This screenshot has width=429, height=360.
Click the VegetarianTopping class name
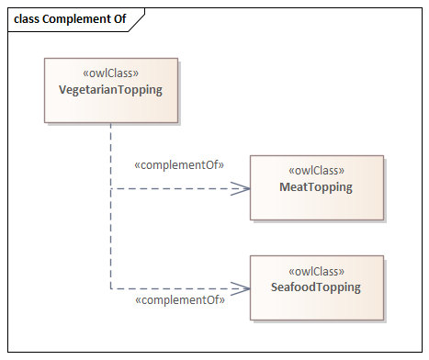tap(110, 90)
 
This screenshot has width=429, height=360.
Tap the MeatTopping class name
tap(316, 187)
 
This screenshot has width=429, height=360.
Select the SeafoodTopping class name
tap(316, 287)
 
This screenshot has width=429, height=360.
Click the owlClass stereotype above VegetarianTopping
tap(111, 73)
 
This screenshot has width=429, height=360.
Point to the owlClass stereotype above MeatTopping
tap(317, 170)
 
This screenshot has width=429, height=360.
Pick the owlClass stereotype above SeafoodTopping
tap(317, 271)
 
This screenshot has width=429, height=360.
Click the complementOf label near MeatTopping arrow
tap(179, 165)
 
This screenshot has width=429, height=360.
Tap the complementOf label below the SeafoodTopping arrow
tap(180, 300)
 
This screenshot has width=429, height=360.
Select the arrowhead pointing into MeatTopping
tap(241, 188)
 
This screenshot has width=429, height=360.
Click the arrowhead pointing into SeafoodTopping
tap(241, 288)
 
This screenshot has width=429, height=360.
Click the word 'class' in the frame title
tap(27, 19)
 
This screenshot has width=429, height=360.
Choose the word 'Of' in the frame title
tap(120, 19)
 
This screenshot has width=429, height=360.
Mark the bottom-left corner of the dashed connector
tap(111, 288)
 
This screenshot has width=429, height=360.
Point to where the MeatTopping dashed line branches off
tap(111, 188)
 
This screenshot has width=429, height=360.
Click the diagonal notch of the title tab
tap(137, 20)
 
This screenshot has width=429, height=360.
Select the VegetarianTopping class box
tap(111, 91)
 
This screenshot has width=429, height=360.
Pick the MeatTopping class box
tap(317, 187)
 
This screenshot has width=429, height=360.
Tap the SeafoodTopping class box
tap(317, 288)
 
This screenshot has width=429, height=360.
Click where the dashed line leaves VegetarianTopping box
tap(111, 123)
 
